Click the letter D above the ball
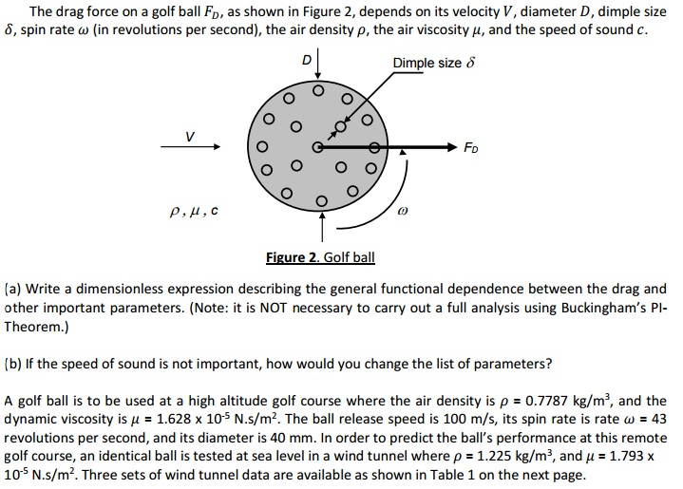(x=306, y=61)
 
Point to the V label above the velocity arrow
(x=191, y=134)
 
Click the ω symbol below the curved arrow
(x=402, y=213)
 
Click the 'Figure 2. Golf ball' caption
(x=320, y=257)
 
